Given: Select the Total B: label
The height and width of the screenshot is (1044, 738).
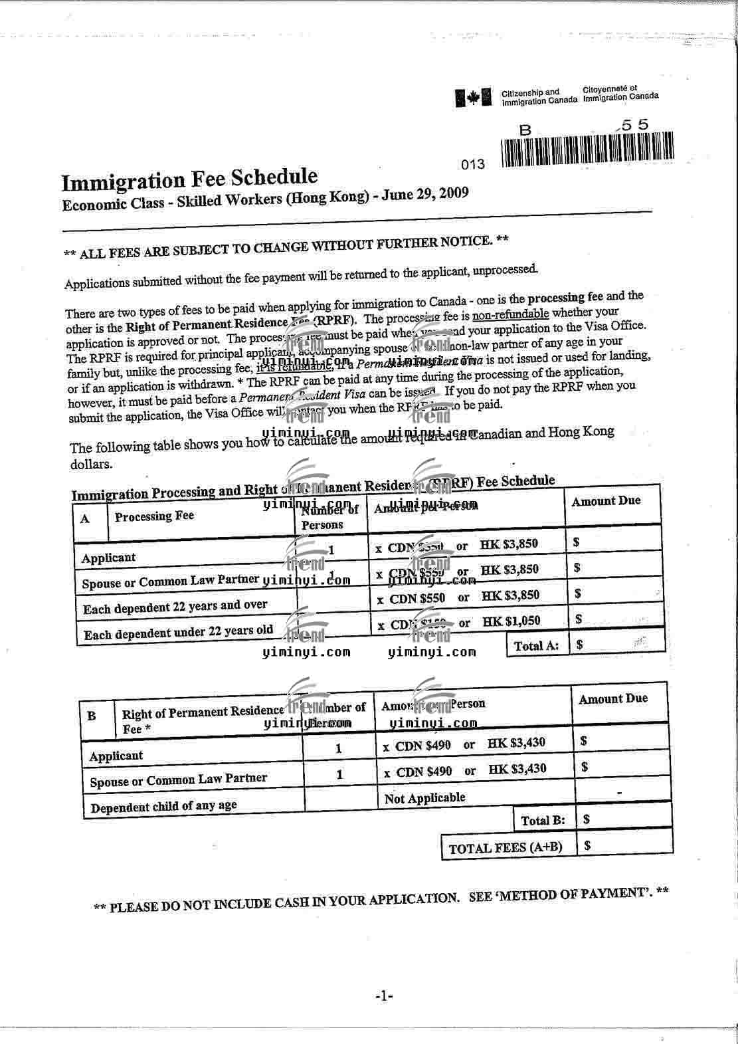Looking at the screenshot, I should tap(543, 821).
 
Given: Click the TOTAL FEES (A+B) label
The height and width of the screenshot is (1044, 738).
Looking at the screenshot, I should tap(505, 848).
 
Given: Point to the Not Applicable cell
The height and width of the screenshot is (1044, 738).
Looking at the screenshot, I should tap(425, 798).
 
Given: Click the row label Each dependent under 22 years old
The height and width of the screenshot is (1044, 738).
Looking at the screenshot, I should tap(178, 632).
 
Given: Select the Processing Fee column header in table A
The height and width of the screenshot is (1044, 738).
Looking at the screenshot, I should tap(153, 516).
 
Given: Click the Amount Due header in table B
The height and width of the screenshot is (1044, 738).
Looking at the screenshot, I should tap(612, 699).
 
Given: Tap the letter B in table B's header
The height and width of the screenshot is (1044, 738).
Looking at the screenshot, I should tap(92, 716).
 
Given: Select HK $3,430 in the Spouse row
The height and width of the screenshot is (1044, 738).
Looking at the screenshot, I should tap(517, 770).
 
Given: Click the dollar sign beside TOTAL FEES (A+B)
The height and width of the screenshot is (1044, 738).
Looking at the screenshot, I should tap(587, 845).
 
